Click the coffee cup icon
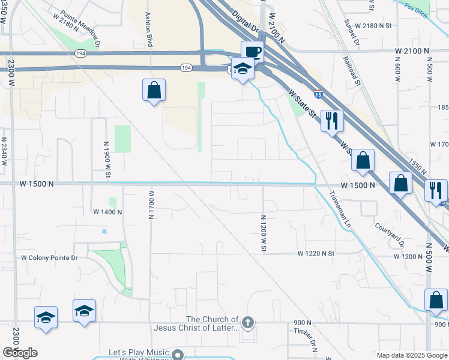[252, 51]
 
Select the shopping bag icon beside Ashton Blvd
[154, 91]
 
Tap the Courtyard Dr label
[390, 235]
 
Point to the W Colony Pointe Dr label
[50, 258]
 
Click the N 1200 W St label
[263, 234]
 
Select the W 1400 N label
[107, 212]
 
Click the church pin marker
[247, 323]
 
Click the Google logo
[20, 353]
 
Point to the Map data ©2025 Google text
[412, 355]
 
